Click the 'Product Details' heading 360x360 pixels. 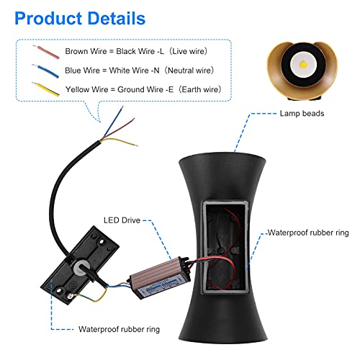click(80, 19)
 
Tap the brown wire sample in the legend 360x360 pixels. click(46, 52)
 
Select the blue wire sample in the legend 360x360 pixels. click(45, 71)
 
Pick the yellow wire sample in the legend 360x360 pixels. click(45, 89)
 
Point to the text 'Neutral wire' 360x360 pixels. click(190, 71)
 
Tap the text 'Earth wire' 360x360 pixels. click(201, 89)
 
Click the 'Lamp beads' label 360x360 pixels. click(302, 113)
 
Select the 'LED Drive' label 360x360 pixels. click(122, 220)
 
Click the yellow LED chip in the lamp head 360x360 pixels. click(303, 65)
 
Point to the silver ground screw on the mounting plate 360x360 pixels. click(70, 297)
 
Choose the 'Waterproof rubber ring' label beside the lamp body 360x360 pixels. click(308, 233)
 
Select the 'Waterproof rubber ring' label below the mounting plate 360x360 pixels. click(119, 329)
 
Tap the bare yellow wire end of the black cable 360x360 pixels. click(136, 145)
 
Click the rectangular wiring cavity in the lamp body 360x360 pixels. click(225, 247)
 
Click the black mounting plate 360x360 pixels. click(80, 265)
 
